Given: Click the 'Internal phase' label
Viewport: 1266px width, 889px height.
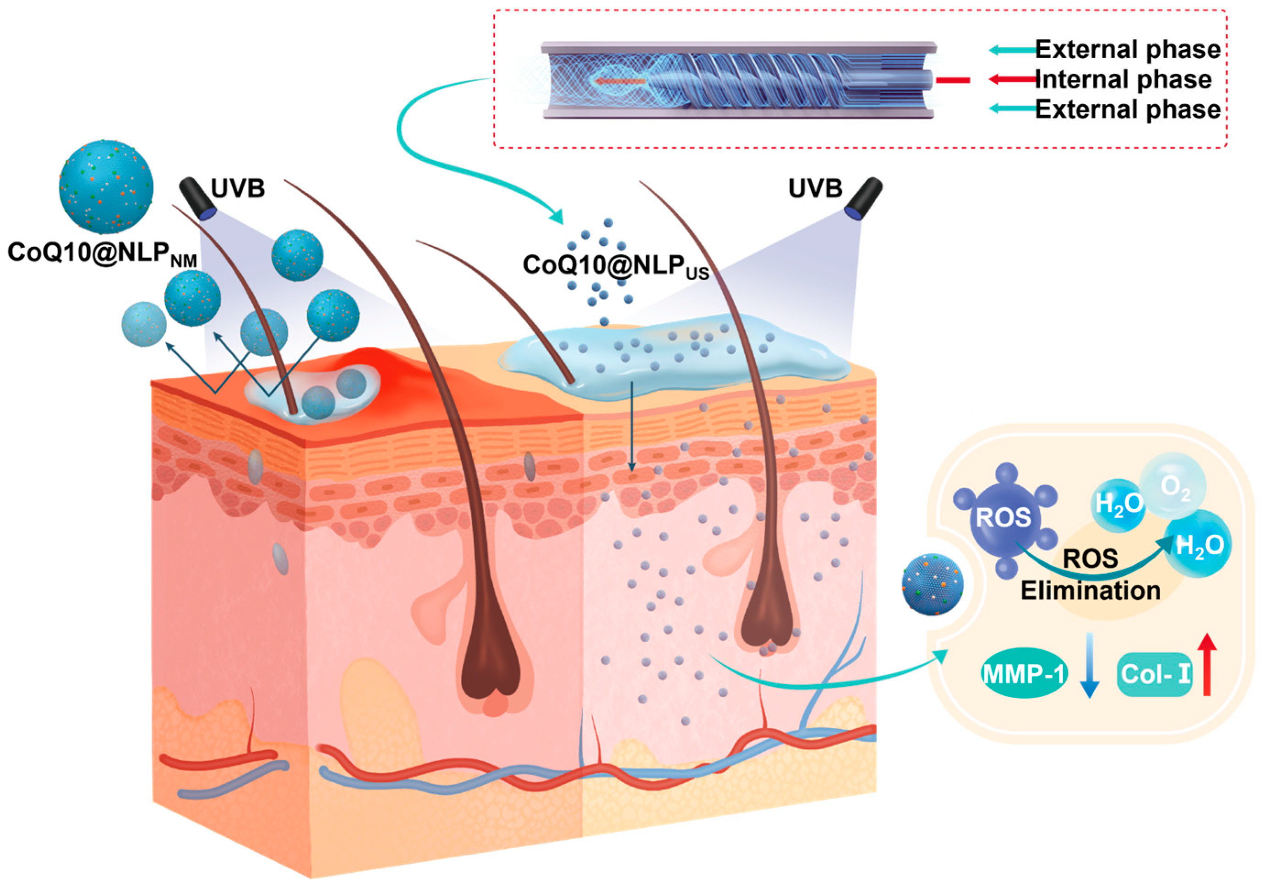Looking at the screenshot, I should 1123,79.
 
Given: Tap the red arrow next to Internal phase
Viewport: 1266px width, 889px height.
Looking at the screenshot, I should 1012,79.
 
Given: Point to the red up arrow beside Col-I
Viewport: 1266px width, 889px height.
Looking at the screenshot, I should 1206,664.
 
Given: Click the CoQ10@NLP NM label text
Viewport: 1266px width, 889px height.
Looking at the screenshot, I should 102,253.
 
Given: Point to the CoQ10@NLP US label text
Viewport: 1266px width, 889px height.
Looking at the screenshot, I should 615,266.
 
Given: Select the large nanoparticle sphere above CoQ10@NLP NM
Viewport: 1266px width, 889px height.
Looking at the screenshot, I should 106,186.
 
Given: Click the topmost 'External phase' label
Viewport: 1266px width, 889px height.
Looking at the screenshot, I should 1127,49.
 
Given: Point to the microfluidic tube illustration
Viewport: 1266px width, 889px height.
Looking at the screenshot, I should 739,80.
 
